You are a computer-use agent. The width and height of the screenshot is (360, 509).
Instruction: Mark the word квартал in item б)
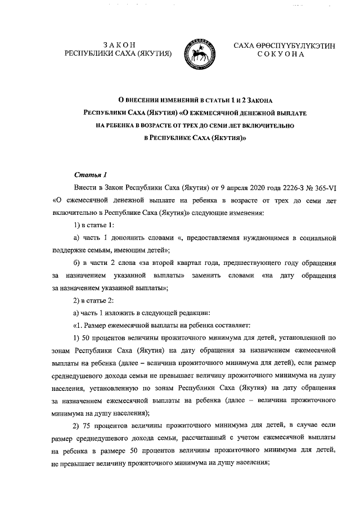[188, 263]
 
